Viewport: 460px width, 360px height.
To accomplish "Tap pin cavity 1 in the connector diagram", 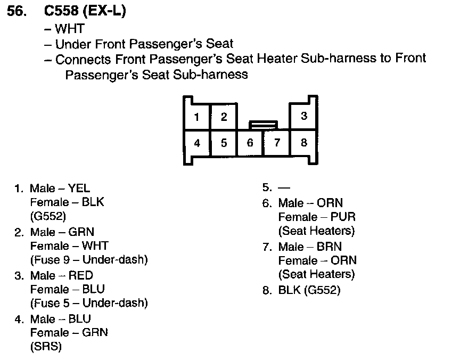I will (196, 117).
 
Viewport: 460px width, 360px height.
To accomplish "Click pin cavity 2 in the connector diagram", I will (224, 117).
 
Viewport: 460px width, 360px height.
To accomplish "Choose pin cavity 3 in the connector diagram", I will (303, 116).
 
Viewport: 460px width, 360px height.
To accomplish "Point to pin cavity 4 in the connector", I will (196, 143).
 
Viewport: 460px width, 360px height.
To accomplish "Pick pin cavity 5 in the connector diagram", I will (224, 143).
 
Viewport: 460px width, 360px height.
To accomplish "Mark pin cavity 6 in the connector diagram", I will (250, 143).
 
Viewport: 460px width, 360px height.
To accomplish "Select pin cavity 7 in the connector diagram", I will (277, 143).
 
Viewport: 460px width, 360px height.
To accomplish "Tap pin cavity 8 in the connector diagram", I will (303, 143).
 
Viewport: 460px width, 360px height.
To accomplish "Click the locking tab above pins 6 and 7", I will (263, 124).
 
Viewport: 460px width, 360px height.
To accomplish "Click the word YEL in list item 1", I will (79, 189).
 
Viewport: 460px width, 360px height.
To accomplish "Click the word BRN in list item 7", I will (331, 247).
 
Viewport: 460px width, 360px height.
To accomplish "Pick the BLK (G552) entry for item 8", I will (309, 290).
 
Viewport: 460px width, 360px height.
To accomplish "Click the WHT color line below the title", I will (70, 29).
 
